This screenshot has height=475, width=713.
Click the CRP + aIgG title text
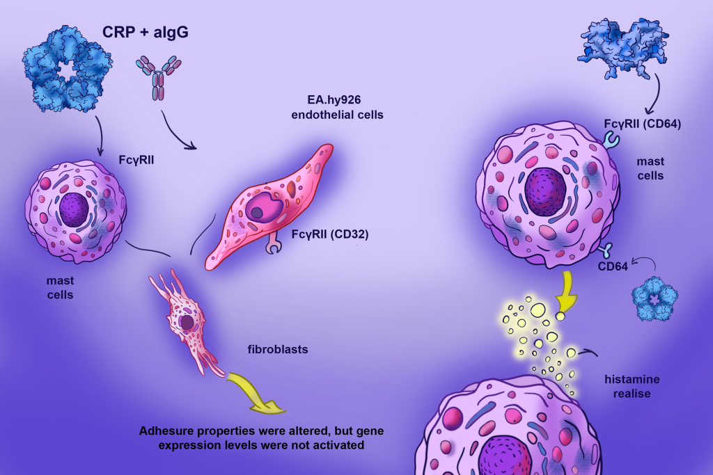145,32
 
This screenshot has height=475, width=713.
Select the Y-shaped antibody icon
158,77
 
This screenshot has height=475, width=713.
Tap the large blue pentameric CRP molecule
68,69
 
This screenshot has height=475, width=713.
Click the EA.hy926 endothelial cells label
337,107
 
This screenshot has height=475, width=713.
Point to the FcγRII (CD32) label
329,234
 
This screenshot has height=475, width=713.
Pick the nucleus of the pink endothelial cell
265,207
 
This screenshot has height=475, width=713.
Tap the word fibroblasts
278,349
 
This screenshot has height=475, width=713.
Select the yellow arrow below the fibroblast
255,392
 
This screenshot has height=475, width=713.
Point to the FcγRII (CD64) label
643,124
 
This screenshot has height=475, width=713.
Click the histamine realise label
632,387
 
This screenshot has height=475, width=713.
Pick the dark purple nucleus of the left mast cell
74,209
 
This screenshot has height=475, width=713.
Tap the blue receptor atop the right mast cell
611,139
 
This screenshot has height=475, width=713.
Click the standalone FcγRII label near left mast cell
136,160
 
